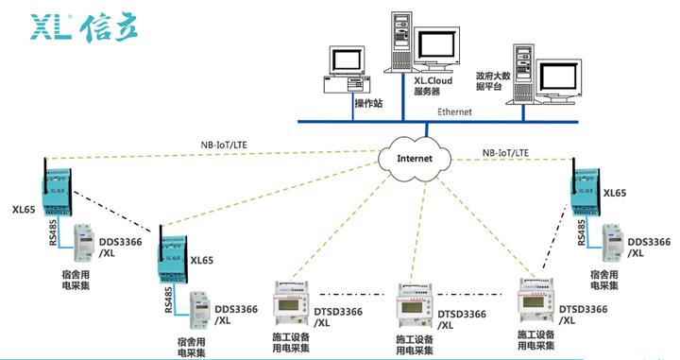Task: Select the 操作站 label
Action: (x=367, y=102)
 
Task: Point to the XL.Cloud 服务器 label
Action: (x=433, y=87)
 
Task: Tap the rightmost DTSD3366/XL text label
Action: (x=583, y=315)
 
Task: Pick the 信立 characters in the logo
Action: (x=111, y=27)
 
